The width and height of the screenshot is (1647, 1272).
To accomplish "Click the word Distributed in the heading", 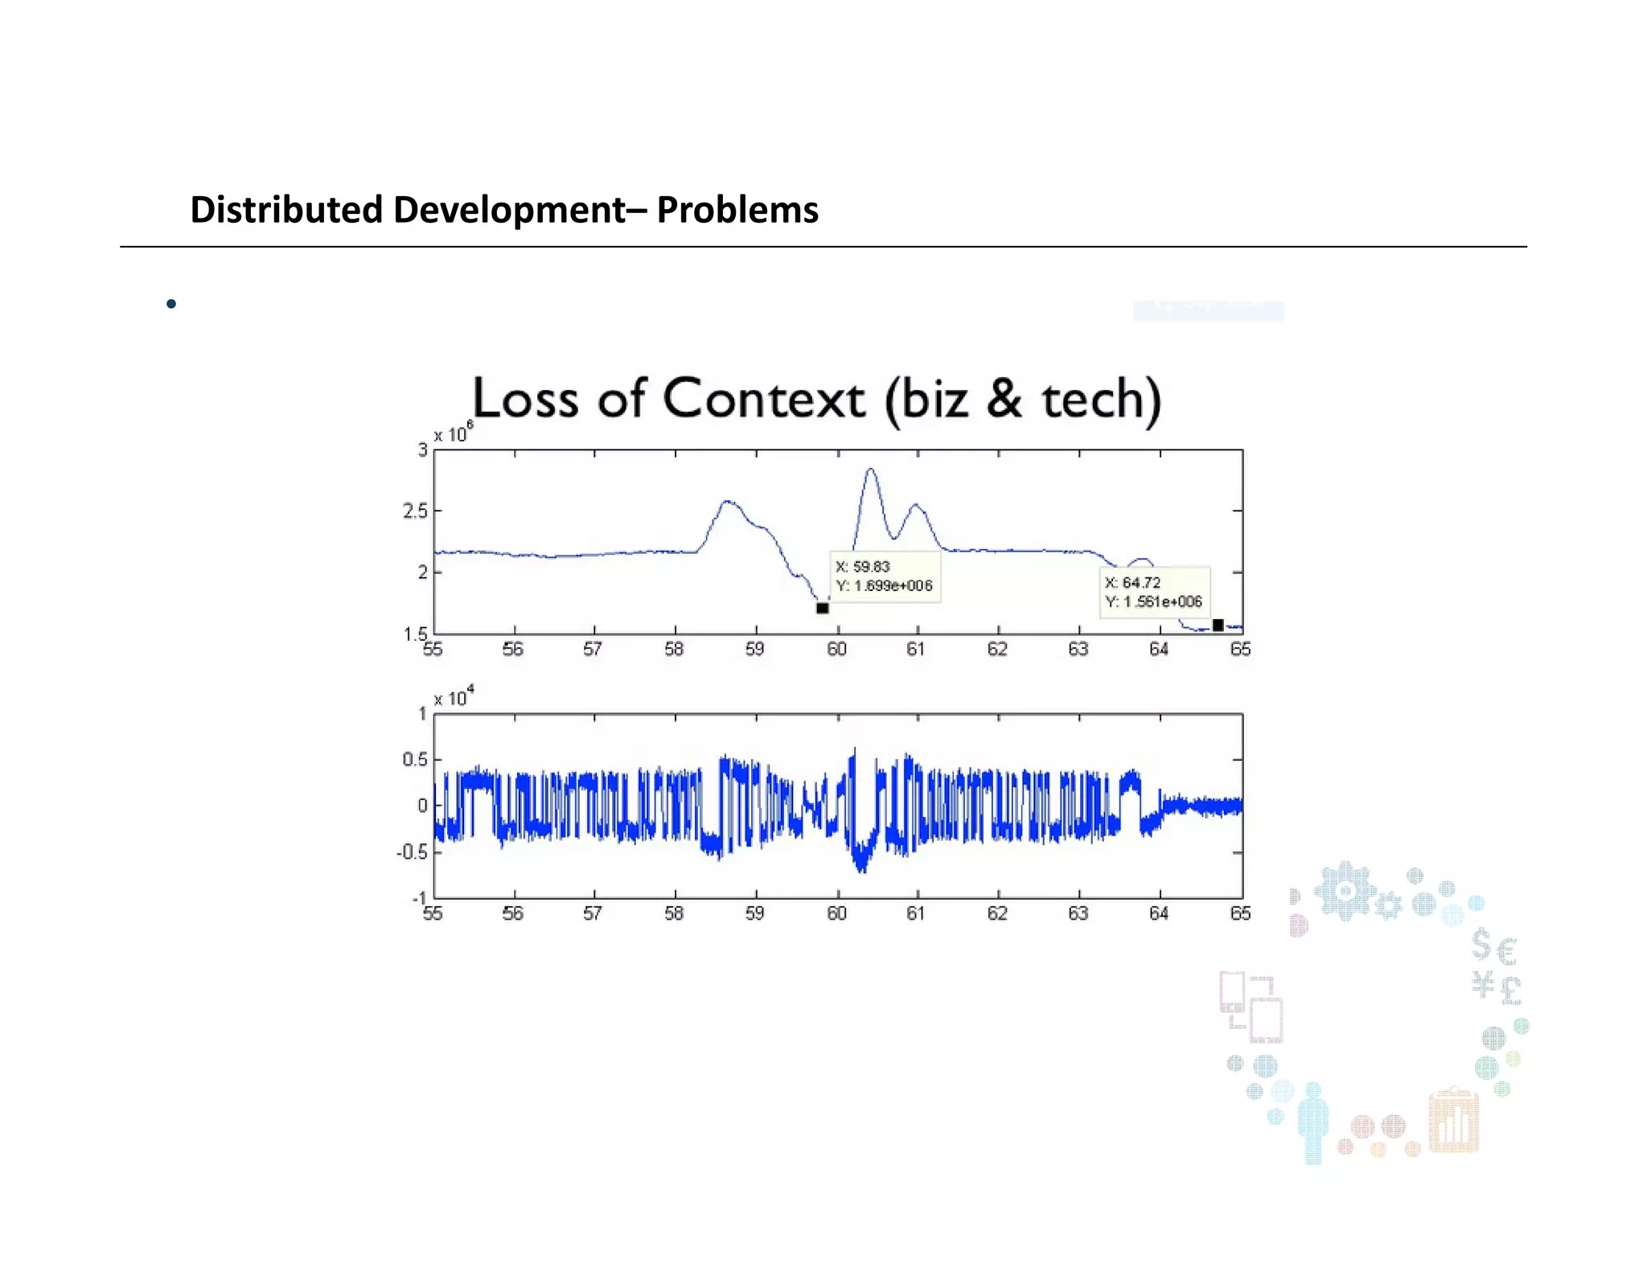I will pos(285,210).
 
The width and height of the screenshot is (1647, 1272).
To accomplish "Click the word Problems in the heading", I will pos(737,210).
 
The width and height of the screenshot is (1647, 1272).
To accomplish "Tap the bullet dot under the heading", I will pos(170,304).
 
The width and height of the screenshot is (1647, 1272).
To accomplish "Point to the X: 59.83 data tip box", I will pos(884,577).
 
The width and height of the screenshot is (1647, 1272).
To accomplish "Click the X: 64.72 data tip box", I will pos(1153,593).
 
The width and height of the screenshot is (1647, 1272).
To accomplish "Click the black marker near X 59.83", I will pos(822,608).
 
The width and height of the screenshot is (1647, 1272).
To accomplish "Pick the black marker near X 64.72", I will pos(1218,625).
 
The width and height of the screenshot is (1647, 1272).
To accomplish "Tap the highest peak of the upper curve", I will pos(870,470).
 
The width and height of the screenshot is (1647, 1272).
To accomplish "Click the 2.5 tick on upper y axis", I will pos(415,511).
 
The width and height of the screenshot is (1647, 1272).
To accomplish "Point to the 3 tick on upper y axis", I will pos(422,450).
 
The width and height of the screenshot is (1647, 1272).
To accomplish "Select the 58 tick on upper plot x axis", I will pos(674,650).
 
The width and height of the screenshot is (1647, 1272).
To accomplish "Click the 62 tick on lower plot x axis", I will pos(997,914).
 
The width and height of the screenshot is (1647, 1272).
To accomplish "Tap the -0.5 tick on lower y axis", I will pos(413,852).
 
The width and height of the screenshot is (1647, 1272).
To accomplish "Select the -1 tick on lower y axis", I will pos(419,898).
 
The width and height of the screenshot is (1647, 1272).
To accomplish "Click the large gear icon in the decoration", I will pos(1344,891).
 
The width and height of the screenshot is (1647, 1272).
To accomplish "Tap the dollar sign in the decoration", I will pos(1481,945).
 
